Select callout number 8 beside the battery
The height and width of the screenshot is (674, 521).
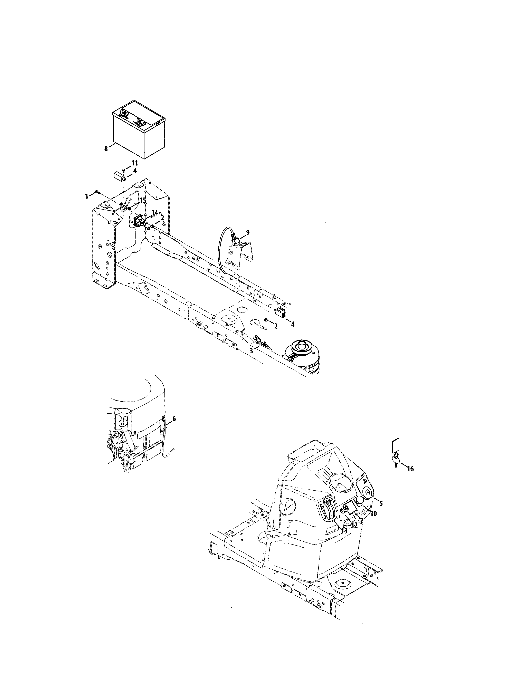tap(106, 149)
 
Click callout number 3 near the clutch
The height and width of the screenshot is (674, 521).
tap(251, 350)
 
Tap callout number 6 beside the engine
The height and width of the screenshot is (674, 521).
tap(174, 419)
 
